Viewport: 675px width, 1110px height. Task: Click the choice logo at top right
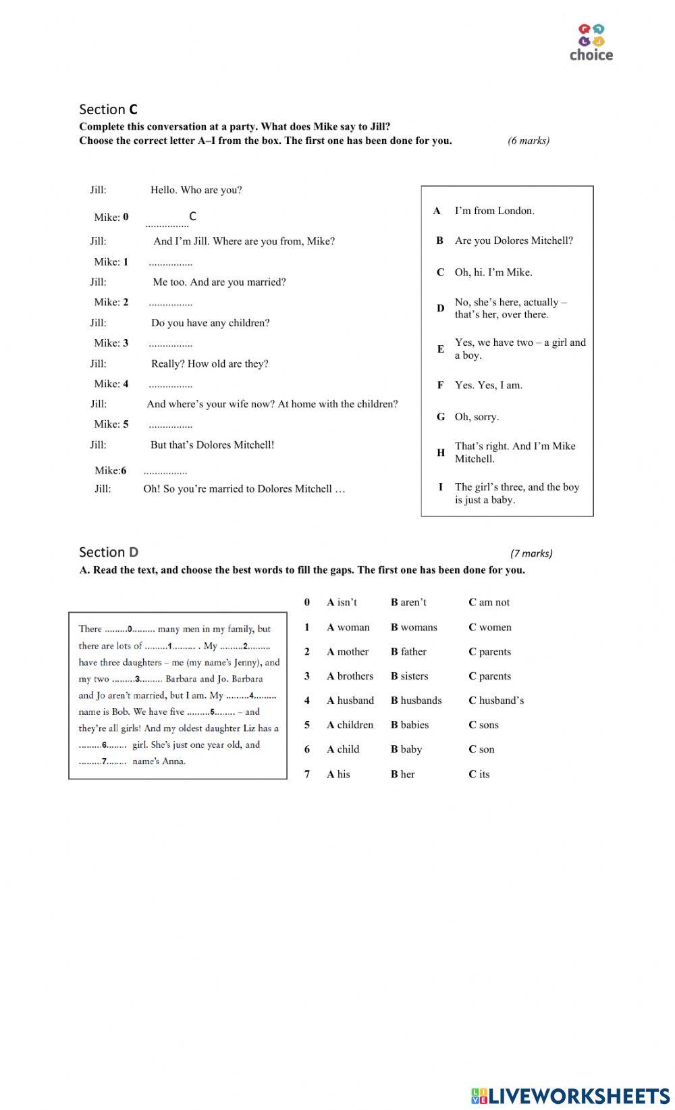pyautogui.click(x=591, y=43)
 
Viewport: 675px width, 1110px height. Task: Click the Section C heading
pyautogui.click(x=108, y=109)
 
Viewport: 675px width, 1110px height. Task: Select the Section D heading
pyautogui.click(x=108, y=552)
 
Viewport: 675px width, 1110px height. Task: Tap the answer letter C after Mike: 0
pyautogui.click(x=192, y=216)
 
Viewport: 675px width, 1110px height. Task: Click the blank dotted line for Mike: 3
pyautogui.click(x=170, y=344)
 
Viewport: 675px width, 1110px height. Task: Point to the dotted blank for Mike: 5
pyautogui.click(x=170, y=425)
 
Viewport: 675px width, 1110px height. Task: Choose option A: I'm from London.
pyautogui.click(x=494, y=211)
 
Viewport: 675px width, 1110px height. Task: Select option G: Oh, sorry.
pyautogui.click(x=477, y=417)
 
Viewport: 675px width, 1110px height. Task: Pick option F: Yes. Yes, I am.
pyautogui.click(x=488, y=385)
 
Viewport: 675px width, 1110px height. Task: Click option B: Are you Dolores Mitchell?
pyautogui.click(x=513, y=241)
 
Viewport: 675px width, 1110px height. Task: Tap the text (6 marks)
pyautogui.click(x=529, y=141)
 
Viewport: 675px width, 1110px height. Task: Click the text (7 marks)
pyautogui.click(x=531, y=553)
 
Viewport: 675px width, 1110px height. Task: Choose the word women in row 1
pyautogui.click(x=495, y=628)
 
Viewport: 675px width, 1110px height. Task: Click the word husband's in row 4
pyautogui.click(x=501, y=701)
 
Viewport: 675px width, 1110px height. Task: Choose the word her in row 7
pyautogui.click(x=407, y=774)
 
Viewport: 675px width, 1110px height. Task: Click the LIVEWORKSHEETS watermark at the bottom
pyautogui.click(x=570, y=1096)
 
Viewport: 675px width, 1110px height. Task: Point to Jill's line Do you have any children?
pyautogui.click(x=210, y=323)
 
